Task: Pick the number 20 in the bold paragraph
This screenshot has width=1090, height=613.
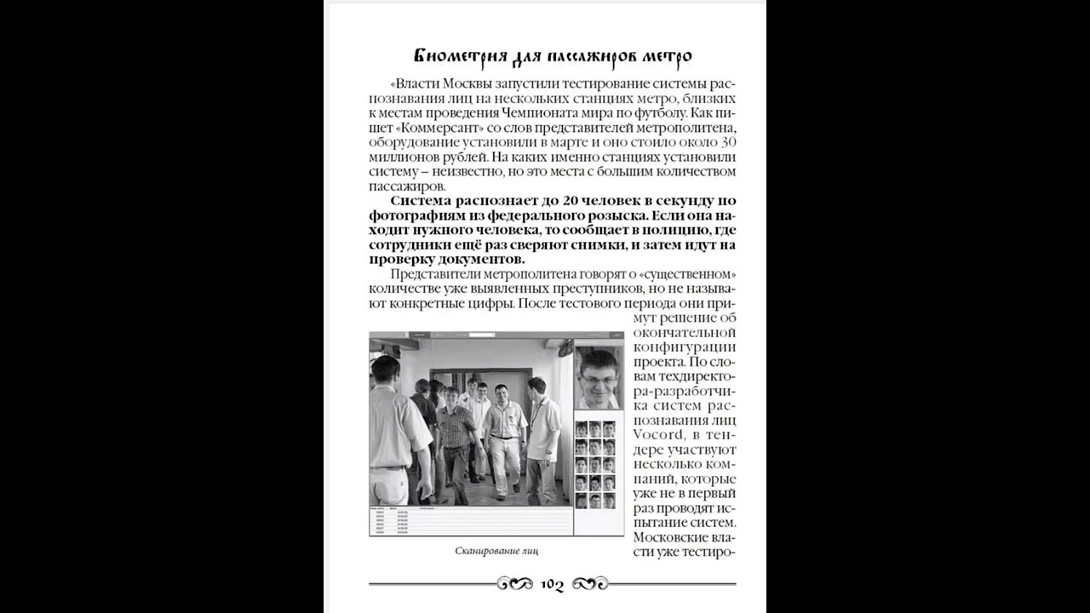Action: click(551, 201)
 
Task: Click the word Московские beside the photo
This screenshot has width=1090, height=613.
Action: click(668, 537)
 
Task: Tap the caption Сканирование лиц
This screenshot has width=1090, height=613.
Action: click(496, 552)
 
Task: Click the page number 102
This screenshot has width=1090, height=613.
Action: click(553, 585)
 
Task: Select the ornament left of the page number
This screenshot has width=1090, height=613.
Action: click(515, 584)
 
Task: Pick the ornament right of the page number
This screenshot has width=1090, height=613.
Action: click(590, 584)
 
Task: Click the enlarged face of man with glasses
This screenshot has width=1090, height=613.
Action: click(599, 378)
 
